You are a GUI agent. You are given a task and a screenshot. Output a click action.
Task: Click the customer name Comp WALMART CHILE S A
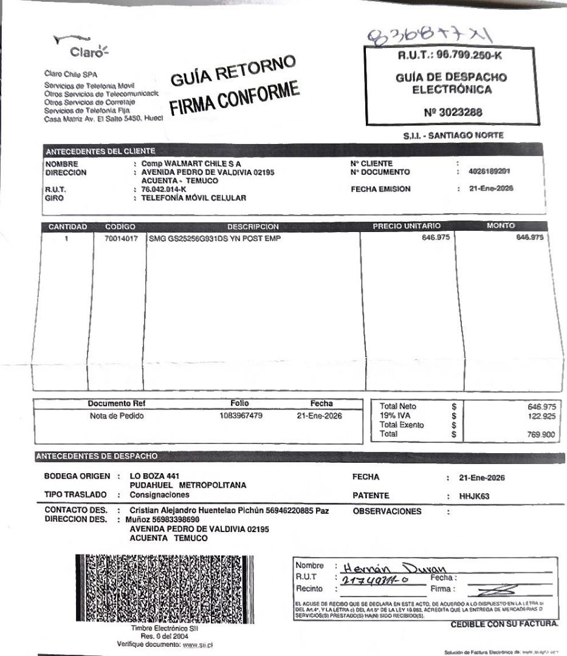pos(191,164)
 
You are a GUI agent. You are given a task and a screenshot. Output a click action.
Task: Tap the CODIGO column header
pos(120,227)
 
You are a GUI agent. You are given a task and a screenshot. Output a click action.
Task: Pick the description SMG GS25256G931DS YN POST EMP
pos(215,238)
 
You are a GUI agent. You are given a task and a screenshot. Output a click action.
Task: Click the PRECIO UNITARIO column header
pos(407,227)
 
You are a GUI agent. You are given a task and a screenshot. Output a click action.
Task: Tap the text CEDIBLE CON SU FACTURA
pos(504,624)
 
